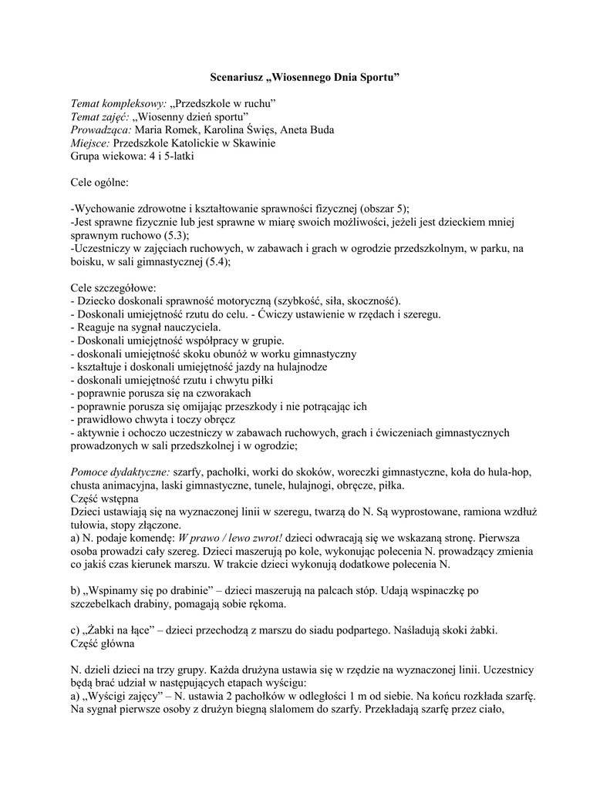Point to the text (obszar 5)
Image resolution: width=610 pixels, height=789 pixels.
[x=382, y=209]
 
